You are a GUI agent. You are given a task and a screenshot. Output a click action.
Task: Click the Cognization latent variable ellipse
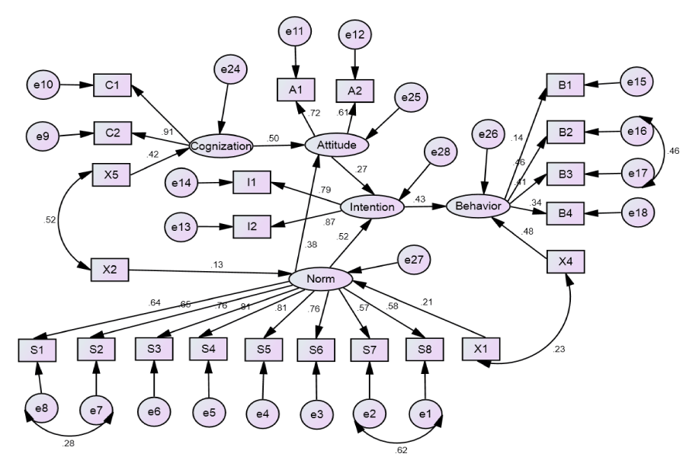pos(221,145)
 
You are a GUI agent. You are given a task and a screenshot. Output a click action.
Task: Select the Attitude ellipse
pos(336,143)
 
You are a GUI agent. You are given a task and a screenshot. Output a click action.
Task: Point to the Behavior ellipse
pos(477,206)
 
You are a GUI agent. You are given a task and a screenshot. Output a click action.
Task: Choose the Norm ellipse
pos(320,280)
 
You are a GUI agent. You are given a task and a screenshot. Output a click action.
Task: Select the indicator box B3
pos(565,174)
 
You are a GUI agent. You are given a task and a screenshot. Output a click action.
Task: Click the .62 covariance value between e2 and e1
pos(402,449)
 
